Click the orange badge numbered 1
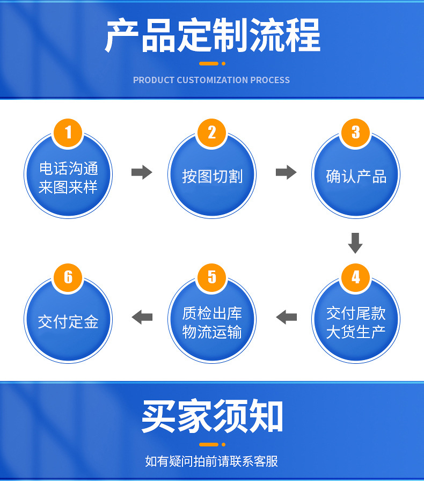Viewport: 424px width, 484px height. [x=68, y=132]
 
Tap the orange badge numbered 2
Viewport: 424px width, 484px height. [x=212, y=132]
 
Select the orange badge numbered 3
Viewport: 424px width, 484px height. [x=356, y=132]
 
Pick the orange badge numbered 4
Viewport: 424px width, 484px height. [x=356, y=277]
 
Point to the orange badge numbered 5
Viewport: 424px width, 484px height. [x=212, y=277]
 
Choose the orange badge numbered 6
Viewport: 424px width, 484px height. [x=68, y=277]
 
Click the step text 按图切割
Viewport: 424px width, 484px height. [x=212, y=176]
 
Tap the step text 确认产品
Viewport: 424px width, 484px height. [x=356, y=176]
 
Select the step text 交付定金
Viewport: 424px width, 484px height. [x=68, y=321]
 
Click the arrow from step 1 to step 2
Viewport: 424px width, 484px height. [x=142, y=172]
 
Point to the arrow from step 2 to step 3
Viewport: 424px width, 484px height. [x=286, y=172]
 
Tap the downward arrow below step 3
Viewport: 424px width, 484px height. [x=355, y=243]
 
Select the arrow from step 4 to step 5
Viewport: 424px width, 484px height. [x=286, y=317]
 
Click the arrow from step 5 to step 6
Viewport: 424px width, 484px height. [x=142, y=317]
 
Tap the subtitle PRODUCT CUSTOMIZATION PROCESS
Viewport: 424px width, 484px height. [x=211, y=80]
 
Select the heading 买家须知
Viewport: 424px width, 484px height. [x=212, y=416]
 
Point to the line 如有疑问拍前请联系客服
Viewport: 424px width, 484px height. [x=211, y=461]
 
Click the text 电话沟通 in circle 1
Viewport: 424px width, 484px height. [x=69, y=168]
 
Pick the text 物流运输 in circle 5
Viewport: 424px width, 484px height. [x=212, y=332]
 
